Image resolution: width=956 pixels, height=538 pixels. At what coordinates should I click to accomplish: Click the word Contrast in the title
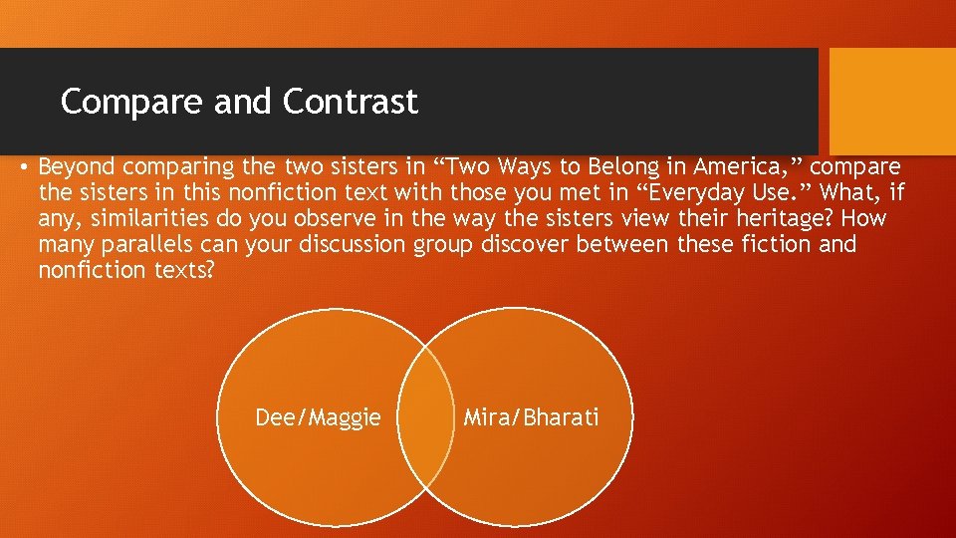tap(350, 102)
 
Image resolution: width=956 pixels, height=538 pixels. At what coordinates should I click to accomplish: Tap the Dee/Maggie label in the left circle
tap(318, 417)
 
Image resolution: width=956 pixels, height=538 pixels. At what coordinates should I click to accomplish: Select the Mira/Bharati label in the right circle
tap(532, 417)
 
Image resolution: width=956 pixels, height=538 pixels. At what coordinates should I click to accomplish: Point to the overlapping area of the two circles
tap(424, 417)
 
